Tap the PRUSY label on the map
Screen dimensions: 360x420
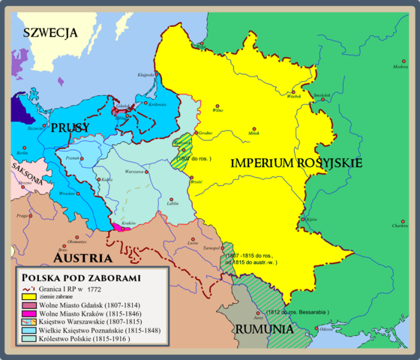click(x=70, y=128)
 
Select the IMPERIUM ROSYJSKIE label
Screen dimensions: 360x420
click(x=296, y=163)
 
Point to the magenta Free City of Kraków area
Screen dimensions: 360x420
click(x=121, y=226)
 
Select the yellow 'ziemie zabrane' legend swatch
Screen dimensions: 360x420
click(x=31, y=296)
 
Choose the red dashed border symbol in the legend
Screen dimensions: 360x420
click(x=31, y=287)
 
